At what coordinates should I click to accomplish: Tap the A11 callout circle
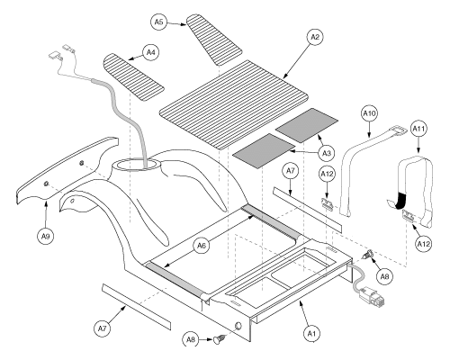point(418,130)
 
